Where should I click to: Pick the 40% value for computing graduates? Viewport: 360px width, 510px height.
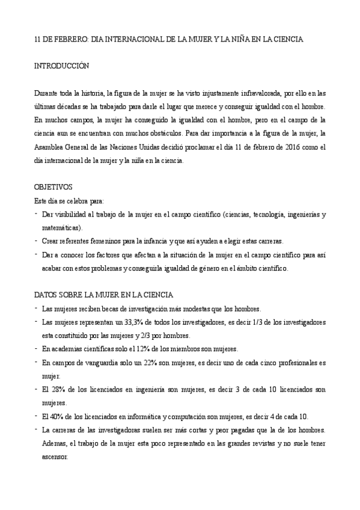[55, 416]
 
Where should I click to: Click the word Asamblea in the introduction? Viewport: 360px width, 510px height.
[49, 147]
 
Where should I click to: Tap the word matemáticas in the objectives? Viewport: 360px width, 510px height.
[62, 228]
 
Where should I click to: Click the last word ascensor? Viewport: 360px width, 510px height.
[55, 456]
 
